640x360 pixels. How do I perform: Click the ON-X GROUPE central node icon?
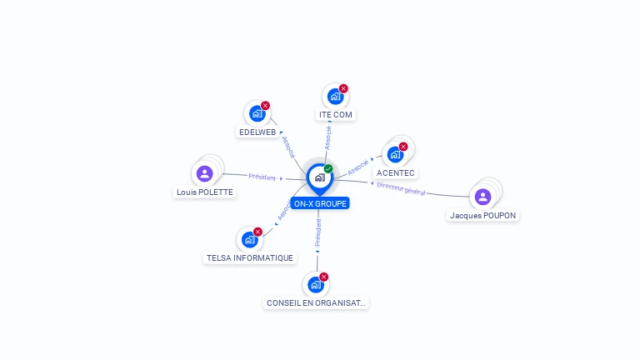319,177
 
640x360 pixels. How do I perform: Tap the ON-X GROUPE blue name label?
320,203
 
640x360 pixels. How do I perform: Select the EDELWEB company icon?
257,113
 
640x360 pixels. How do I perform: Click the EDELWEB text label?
257,132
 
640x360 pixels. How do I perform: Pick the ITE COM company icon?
335,97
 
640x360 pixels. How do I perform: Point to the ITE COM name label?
336,114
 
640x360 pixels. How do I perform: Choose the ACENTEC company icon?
395,155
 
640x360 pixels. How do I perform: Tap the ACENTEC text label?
396,173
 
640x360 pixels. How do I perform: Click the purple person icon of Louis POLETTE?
205,173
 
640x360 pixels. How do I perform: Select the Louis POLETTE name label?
205,192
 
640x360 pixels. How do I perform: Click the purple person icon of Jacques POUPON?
482,197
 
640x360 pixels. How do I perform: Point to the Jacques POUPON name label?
483,215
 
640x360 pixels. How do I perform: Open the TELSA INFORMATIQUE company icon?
249,240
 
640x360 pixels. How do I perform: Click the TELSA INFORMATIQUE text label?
250,258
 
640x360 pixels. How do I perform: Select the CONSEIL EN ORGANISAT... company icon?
316,285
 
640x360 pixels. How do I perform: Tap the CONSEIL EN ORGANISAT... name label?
316,303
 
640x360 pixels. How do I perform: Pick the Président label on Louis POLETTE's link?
262,177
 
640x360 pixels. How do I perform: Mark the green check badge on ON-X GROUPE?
328,168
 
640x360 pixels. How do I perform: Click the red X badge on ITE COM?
343,88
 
